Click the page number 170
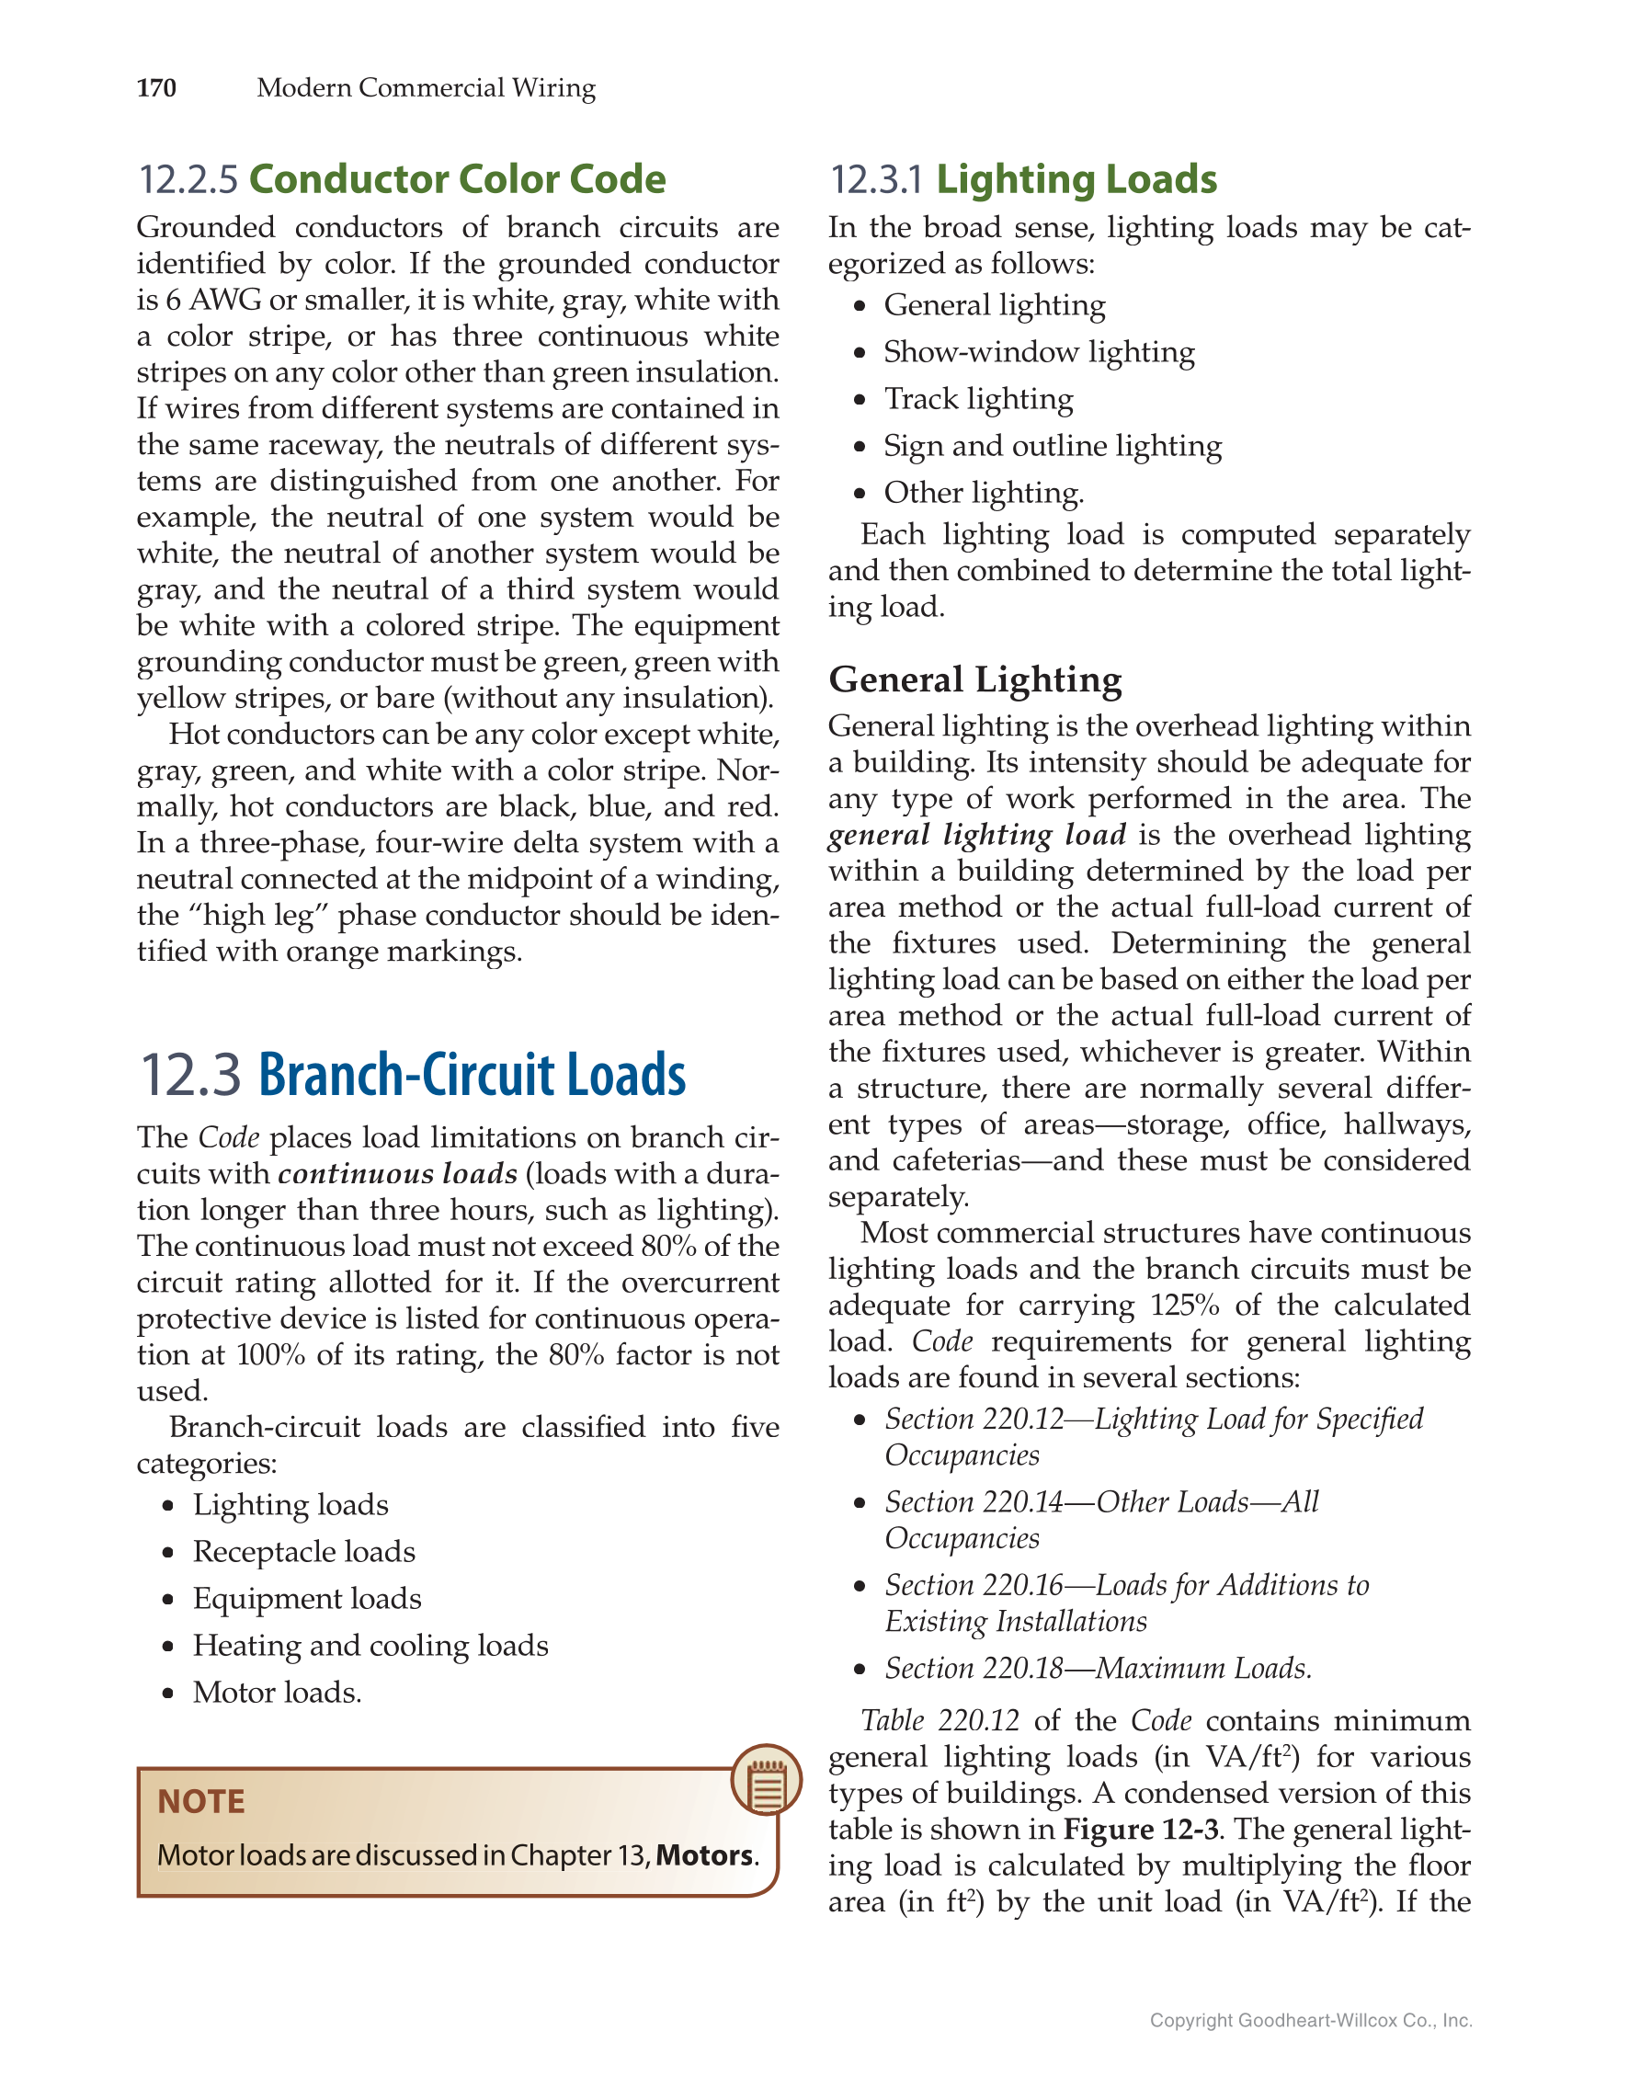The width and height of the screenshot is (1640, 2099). (155, 88)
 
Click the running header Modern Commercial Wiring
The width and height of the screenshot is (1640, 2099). (426, 88)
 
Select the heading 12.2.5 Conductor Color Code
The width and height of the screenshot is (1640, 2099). (402, 179)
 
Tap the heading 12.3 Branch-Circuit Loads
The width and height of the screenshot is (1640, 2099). (413, 1075)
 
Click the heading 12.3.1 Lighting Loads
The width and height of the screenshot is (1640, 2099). (1022, 179)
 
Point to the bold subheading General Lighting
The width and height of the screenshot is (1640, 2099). (974, 679)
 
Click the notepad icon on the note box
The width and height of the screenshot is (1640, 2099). (766, 1780)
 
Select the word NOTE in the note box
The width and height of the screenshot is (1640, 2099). (200, 1801)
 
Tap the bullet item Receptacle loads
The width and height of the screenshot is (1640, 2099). (303, 1551)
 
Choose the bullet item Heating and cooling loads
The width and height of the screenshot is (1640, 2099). (370, 1646)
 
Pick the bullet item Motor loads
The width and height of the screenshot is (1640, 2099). (277, 1693)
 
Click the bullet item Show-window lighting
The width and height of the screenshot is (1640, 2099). (1039, 352)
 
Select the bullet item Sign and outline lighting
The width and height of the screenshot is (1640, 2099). (1052, 446)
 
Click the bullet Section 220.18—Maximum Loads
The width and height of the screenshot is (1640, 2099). (1098, 1669)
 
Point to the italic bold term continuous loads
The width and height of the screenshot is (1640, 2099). (398, 1174)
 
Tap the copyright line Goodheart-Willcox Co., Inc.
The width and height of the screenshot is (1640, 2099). (1311, 2020)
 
